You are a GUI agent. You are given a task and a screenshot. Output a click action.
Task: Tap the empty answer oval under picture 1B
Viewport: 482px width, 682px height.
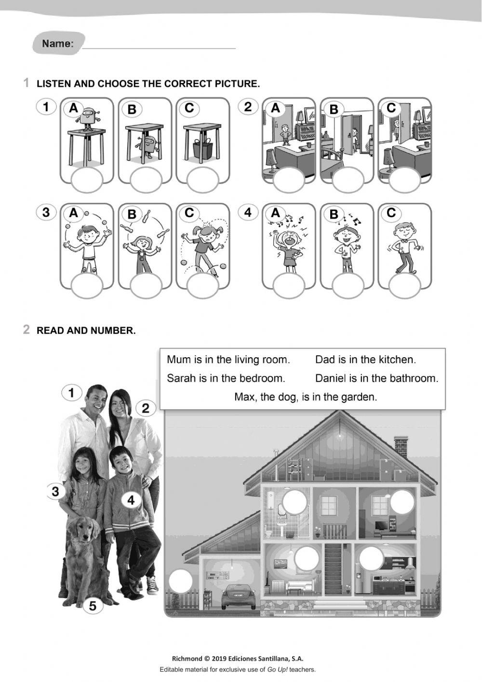[145, 181]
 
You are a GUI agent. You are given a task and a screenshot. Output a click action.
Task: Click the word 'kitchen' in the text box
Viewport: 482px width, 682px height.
[397, 360]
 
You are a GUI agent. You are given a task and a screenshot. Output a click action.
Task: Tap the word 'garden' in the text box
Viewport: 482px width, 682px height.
[358, 397]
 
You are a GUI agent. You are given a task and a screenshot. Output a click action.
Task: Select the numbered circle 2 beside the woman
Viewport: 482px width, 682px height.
[145, 408]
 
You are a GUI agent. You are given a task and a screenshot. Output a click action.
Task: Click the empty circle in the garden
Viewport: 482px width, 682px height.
[181, 581]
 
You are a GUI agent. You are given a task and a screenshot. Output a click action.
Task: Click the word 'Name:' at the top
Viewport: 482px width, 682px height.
[58, 44]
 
